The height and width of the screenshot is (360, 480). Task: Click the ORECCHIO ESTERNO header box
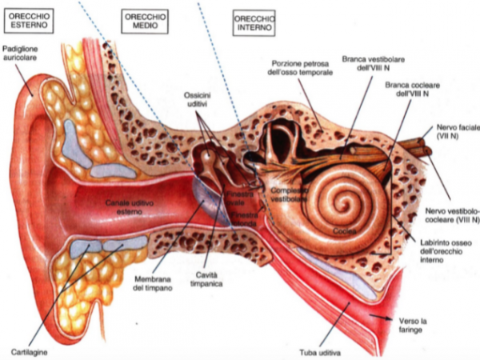[x=29, y=19]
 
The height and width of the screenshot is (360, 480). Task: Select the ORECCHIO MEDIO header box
[x=145, y=19]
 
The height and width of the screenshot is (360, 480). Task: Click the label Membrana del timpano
[x=152, y=283]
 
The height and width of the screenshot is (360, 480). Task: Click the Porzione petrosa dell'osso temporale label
[x=299, y=67]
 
